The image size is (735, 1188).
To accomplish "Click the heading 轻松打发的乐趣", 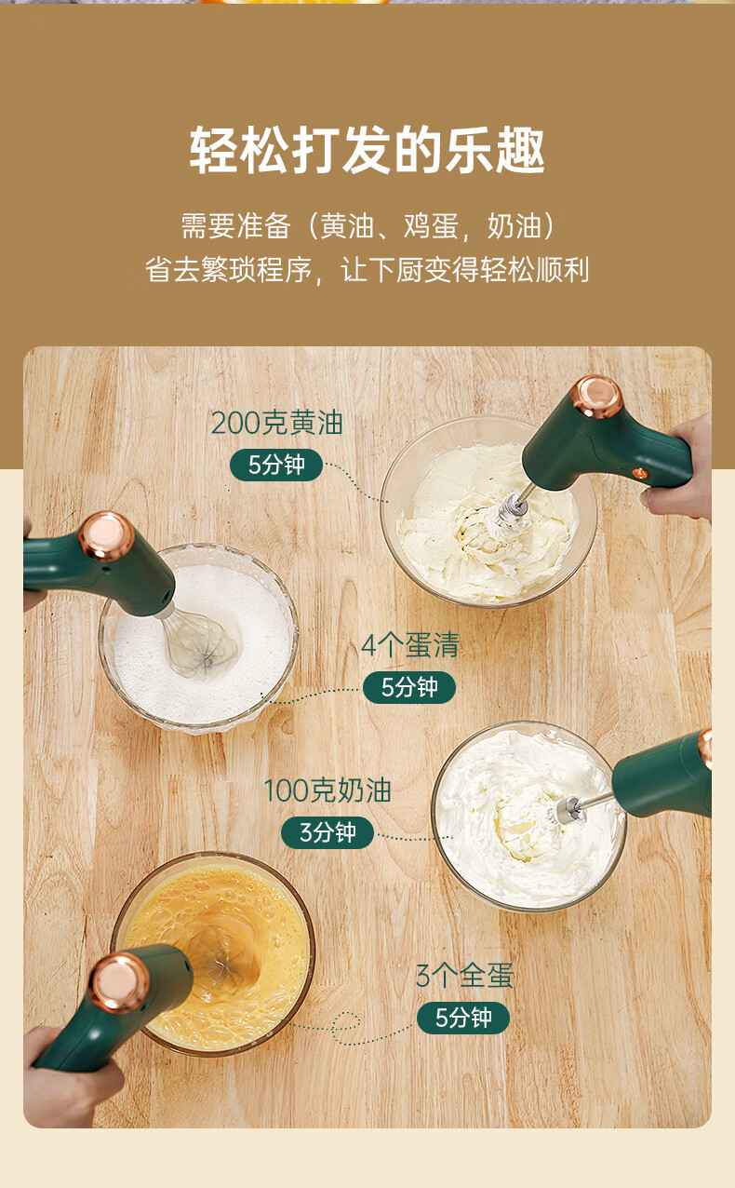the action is click(367, 150).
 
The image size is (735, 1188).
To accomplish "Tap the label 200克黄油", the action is click(276, 423).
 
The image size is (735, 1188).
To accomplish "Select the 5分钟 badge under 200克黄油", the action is click(276, 466).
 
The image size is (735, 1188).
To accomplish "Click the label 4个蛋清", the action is click(409, 645).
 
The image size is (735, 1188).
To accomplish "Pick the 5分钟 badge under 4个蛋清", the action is click(409, 688).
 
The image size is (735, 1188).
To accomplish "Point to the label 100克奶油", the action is click(327, 790).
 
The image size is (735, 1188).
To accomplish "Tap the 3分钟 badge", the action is click(327, 832).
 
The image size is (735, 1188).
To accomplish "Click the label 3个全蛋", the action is click(464, 976).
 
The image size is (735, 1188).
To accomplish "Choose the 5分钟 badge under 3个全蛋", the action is click(463, 1018).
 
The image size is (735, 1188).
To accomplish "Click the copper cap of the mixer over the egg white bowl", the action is click(106, 535).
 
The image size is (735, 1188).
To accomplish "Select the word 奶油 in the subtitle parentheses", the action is click(514, 226).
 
